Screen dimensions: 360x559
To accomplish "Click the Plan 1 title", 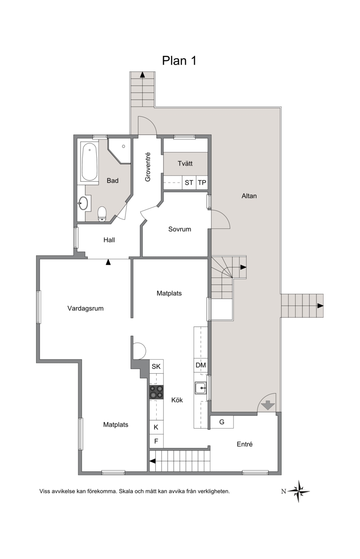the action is click(179, 61).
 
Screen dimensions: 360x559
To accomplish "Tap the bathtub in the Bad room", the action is click(89, 161).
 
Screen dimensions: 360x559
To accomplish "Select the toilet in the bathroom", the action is click(102, 214).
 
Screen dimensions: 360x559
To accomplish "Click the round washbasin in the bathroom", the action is click(83, 203).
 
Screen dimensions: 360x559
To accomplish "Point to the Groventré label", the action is click(148, 167).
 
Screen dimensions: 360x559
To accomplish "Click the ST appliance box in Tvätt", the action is click(189, 183).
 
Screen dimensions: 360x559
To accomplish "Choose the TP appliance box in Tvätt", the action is click(202, 183).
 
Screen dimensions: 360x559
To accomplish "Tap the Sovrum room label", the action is click(180, 229).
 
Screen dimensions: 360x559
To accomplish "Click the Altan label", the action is click(249, 196).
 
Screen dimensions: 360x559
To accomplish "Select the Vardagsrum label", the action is click(85, 308).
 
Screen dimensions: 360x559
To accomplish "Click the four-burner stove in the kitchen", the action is click(157, 392).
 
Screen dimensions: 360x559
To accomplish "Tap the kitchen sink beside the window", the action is click(201, 388).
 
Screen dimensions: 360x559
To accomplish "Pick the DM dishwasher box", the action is click(201, 365).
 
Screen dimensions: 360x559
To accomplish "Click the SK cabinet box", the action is click(156, 367).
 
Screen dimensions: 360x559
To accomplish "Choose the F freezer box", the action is click(156, 441).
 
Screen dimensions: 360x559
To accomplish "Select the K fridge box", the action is click(156, 427).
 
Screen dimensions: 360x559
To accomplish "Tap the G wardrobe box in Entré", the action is click(222, 422).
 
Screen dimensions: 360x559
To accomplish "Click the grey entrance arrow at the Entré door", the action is click(268, 405).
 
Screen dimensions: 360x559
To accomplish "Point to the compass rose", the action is click(299, 491).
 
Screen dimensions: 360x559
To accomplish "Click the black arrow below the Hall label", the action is click(108, 262).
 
